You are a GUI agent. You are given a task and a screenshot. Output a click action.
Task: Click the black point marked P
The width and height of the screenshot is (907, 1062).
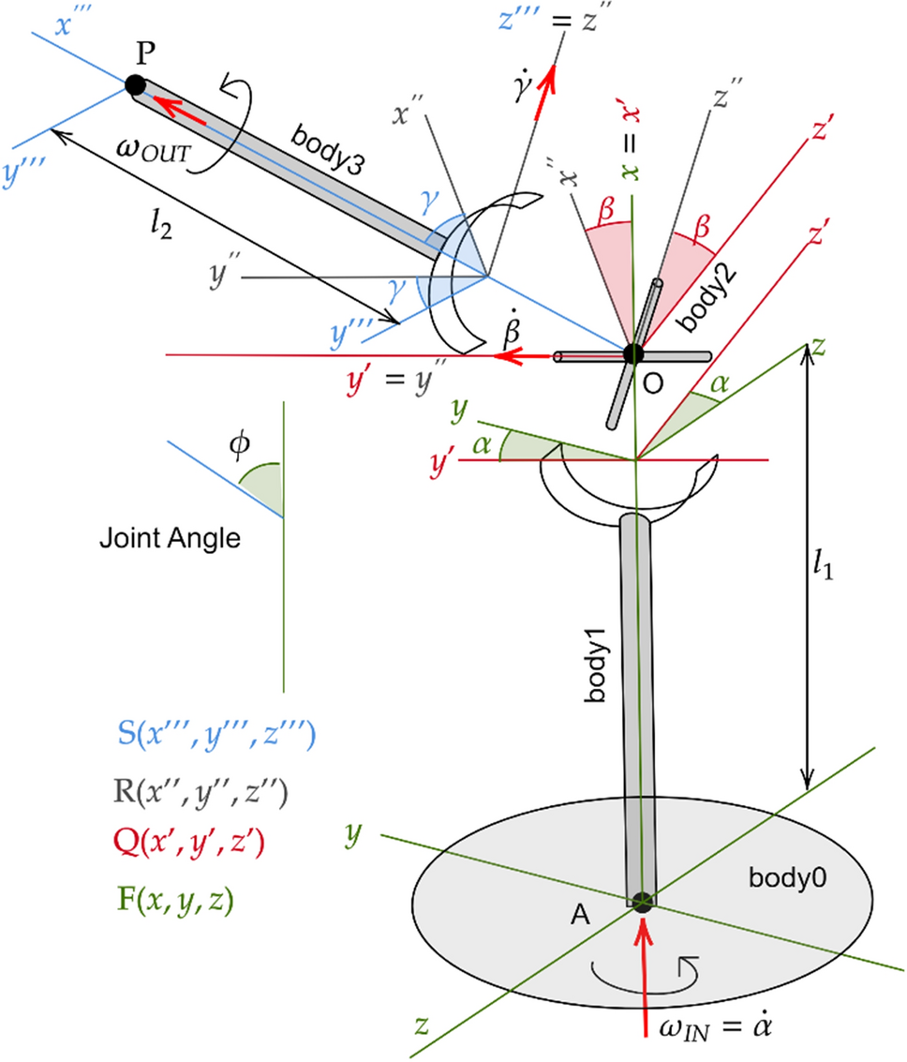click(135, 85)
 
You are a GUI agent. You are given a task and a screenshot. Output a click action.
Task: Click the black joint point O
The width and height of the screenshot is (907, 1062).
click(633, 353)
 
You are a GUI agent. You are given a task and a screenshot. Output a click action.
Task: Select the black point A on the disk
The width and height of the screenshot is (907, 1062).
click(641, 902)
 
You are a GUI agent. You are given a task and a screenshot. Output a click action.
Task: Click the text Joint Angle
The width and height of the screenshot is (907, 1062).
click(170, 539)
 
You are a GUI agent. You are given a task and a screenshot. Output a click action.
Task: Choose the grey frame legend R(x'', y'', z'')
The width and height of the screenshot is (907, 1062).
click(200, 794)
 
